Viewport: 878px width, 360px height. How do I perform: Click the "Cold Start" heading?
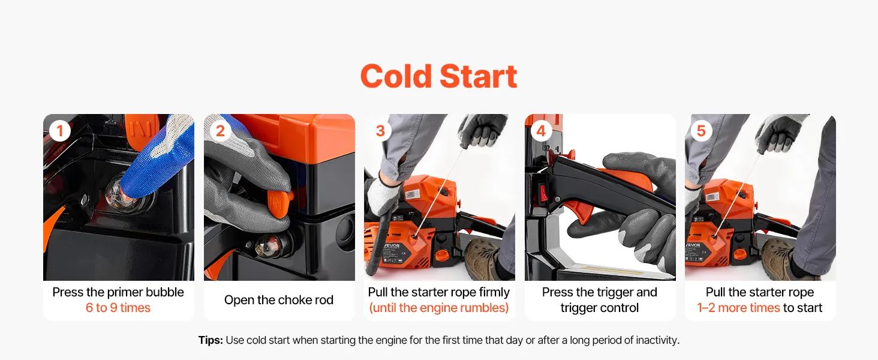[x=438, y=76]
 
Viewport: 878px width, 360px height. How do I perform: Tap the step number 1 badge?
[x=60, y=131]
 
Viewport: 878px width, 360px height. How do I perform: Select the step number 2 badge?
[x=220, y=131]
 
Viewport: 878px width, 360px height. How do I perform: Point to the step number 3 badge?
[x=381, y=131]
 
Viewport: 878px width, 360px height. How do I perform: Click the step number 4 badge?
[x=541, y=131]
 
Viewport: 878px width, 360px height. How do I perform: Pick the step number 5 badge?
[x=701, y=131]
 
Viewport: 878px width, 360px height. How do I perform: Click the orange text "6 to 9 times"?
[x=118, y=308]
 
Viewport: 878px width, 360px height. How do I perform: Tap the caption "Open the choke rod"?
[x=279, y=300]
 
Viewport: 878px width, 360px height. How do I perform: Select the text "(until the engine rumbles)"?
[x=438, y=308]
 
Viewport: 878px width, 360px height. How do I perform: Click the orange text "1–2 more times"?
[x=738, y=308]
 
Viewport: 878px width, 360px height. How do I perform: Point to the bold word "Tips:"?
[x=211, y=340]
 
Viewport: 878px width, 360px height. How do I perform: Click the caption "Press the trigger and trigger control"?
[x=599, y=300]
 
